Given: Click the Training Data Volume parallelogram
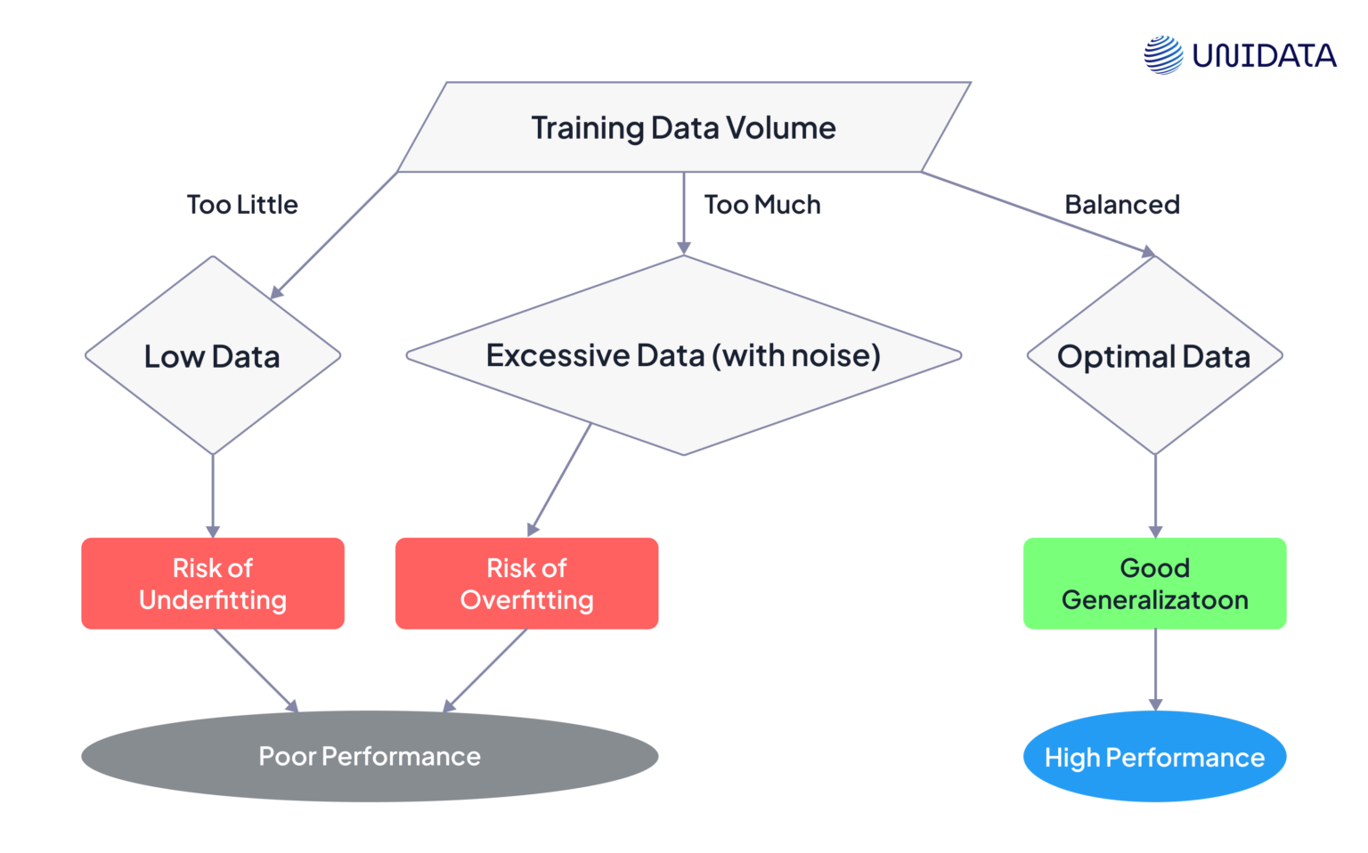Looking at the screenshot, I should click(683, 127).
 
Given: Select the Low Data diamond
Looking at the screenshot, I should click(212, 356).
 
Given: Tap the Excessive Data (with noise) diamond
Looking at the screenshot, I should click(683, 356).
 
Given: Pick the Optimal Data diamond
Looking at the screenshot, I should click(1154, 356).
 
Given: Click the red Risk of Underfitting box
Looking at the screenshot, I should click(212, 583).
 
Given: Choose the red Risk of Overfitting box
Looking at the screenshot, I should click(526, 583).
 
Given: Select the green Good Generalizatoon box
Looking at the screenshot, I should click(1154, 583).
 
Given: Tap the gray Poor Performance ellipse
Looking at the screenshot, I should click(369, 756).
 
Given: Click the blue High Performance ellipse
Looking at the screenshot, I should click(1154, 757).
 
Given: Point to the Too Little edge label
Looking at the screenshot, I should click(242, 205).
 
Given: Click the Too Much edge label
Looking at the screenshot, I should click(762, 205).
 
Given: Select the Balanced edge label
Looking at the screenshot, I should click(1122, 205).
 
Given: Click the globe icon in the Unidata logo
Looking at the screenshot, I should click(1163, 55).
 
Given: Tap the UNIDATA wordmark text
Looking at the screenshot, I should click(1264, 56).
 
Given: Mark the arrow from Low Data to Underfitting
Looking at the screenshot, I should click(213, 494).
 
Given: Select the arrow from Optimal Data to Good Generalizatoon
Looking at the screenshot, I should click(1155, 494).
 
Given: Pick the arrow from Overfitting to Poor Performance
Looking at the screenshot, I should click(486, 670).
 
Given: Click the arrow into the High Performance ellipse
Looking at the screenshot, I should click(1155, 669).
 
